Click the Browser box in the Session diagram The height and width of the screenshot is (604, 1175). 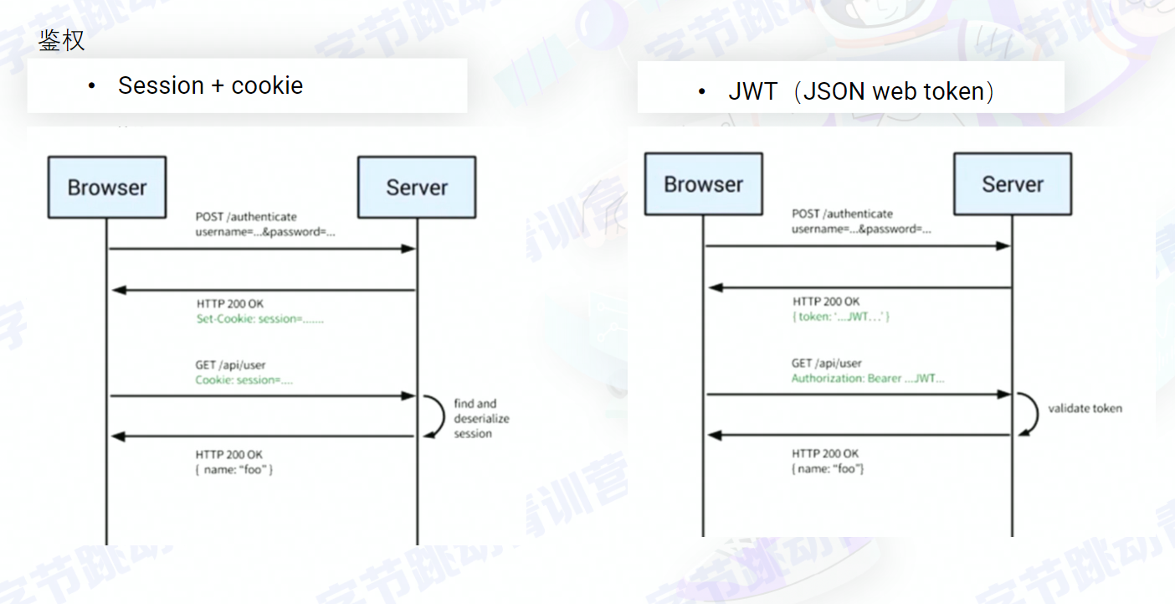(x=107, y=188)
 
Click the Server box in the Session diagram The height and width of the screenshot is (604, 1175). (x=417, y=188)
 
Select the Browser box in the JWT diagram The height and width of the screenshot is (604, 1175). (x=704, y=184)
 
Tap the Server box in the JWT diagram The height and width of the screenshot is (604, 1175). (x=1013, y=184)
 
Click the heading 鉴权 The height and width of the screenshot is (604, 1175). (x=61, y=39)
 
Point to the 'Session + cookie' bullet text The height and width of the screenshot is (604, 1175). (x=210, y=85)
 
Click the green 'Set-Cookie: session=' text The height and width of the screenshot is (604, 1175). (x=259, y=318)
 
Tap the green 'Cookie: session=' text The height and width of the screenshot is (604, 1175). (x=244, y=380)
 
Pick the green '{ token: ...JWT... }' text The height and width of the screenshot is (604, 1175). (x=841, y=317)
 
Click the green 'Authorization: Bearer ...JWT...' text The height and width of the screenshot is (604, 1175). (x=868, y=379)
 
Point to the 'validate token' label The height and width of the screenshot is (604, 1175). (x=1085, y=409)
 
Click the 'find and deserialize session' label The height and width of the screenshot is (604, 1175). (x=481, y=418)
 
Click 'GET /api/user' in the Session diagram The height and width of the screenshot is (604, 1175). (x=231, y=365)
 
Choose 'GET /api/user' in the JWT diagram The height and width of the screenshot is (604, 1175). (x=827, y=364)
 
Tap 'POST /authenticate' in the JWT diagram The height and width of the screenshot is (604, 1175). (x=843, y=214)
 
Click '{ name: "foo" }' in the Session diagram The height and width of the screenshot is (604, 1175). (x=234, y=470)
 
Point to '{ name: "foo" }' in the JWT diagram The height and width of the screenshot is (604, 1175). (x=828, y=468)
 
